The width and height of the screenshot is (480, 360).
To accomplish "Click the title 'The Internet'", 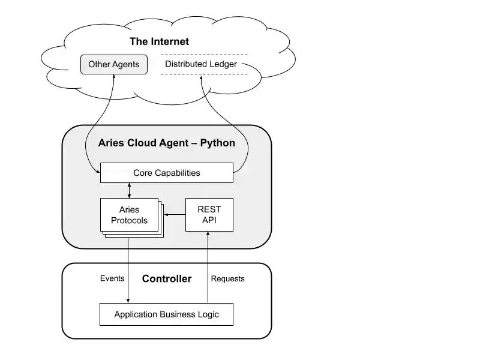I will (x=159, y=41).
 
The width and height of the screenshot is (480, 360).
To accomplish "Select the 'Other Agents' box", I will (x=113, y=64).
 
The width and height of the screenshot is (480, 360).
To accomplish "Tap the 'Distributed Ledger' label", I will (x=201, y=64).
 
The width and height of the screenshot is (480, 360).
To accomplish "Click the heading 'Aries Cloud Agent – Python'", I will (x=166, y=143).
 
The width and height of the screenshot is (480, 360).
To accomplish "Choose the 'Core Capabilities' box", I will (x=166, y=173).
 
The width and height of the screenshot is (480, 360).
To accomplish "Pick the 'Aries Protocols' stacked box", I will (x=129, y=215).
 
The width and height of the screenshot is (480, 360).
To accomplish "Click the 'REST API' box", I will (x=209, y=215).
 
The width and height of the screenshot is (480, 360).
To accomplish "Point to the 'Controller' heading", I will (x=167, y=278).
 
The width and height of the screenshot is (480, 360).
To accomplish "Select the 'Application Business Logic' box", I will (x=166, y=314).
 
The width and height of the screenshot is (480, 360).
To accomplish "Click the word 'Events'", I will (x=112, y=278).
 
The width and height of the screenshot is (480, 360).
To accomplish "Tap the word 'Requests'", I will (x=228, y=278).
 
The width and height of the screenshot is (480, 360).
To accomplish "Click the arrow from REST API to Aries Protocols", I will (x=175, y=215).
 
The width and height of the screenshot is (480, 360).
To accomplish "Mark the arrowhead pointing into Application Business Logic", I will (x=128, y=300).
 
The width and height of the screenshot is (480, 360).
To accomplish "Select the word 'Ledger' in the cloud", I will (x=223, y=64).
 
